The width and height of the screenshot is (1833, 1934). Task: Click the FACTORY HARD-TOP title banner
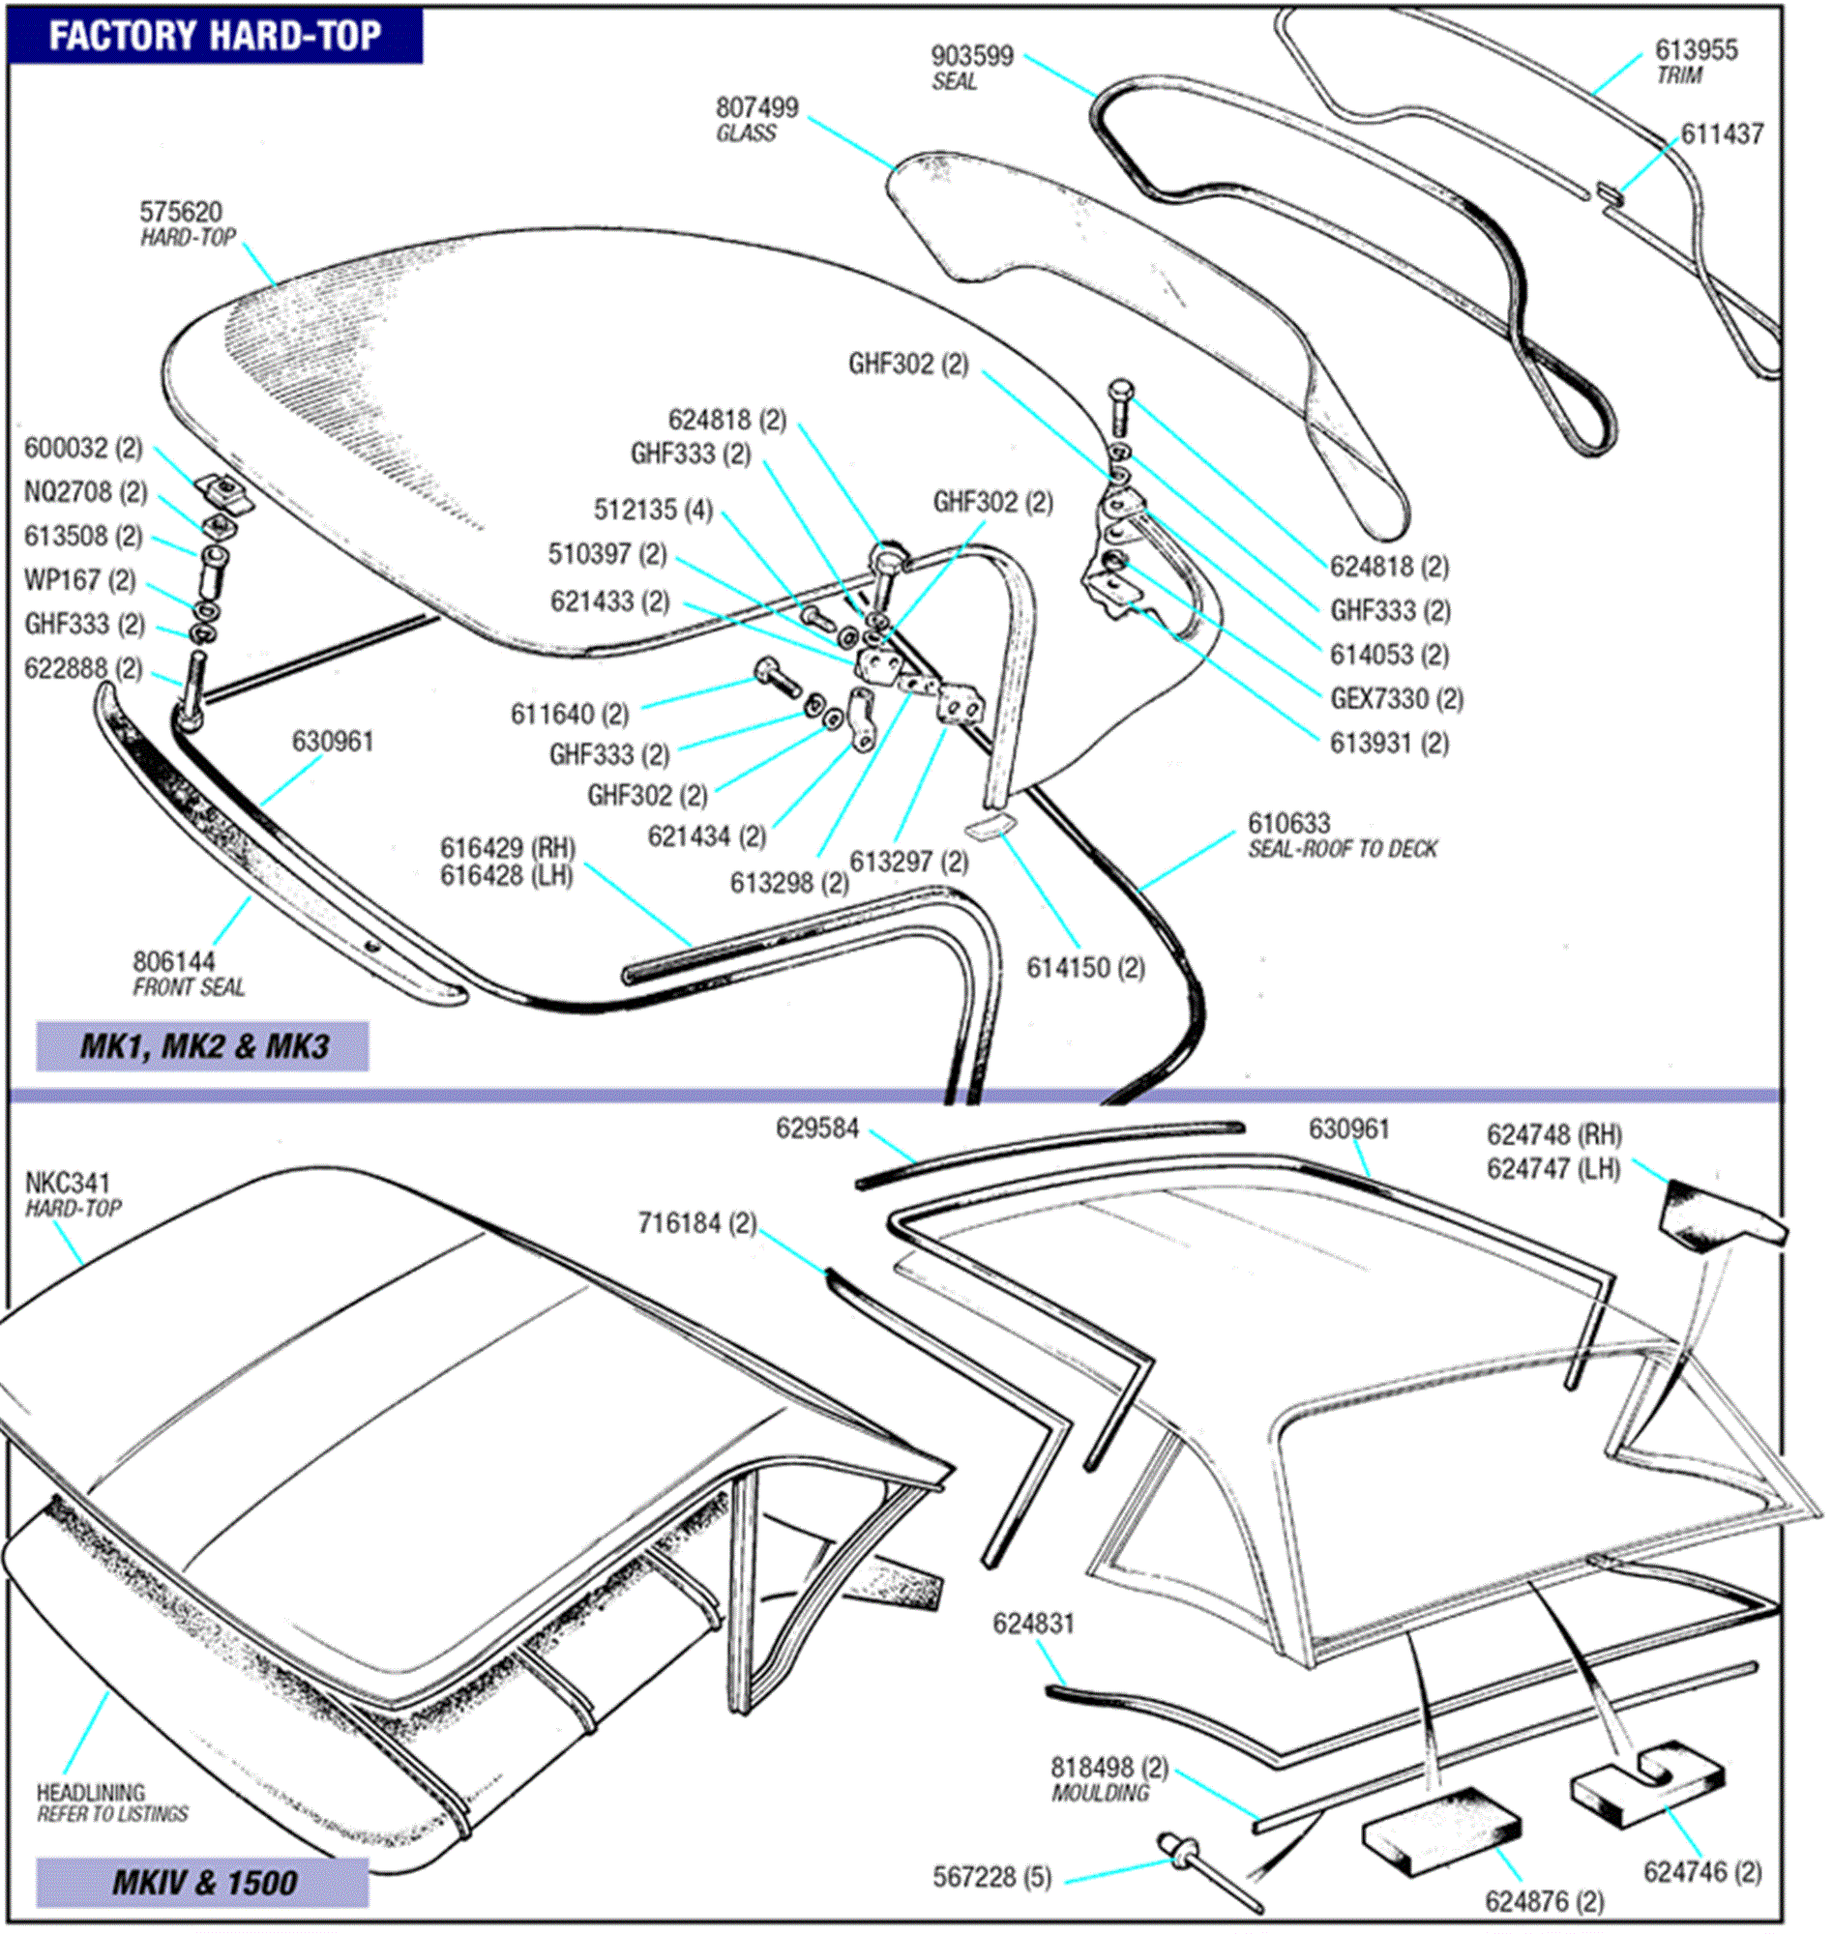214,36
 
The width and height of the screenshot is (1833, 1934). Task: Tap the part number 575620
181,212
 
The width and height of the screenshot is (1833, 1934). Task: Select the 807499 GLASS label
756,119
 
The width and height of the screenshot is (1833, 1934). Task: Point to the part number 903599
971,57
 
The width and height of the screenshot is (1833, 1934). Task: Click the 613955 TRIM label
1696,61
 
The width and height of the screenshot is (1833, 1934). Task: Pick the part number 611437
1722,133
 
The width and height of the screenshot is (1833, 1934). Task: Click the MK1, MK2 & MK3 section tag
202,1046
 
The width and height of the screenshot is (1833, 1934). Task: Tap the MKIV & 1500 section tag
202,1881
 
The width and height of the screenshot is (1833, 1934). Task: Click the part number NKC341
68,1183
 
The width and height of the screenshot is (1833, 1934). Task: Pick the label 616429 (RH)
507,847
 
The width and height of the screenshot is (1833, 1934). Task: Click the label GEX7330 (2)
1396,698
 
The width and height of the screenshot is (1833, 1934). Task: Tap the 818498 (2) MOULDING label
1108,1778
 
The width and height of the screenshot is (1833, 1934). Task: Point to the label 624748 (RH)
1553,1135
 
